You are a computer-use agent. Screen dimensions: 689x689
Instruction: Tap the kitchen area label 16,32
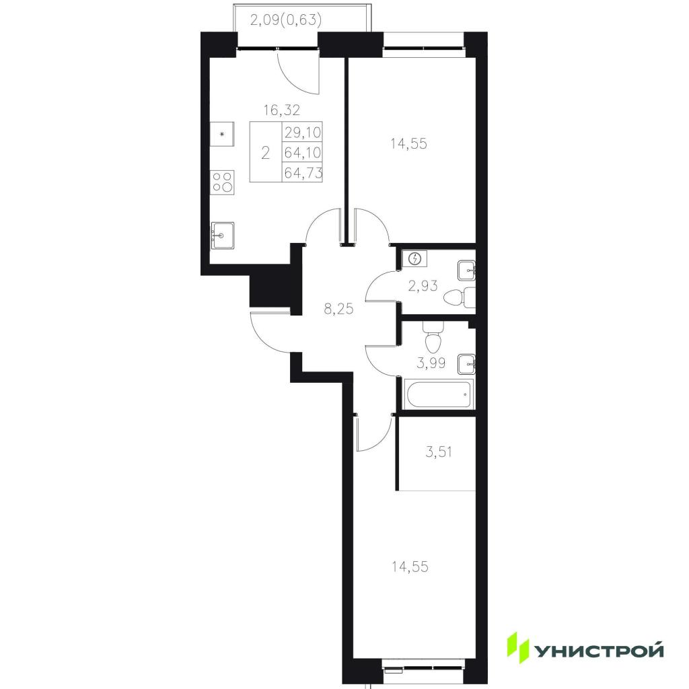pos(282,110)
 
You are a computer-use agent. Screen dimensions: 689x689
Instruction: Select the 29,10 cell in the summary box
pos(302,132)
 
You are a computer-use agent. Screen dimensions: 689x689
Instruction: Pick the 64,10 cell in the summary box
pos(302,152)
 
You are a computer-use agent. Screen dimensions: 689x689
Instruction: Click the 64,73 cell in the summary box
pos(302,172)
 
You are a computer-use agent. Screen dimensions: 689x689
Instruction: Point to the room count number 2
pos(265,153)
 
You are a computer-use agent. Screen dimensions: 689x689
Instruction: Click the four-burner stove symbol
pos(223,182)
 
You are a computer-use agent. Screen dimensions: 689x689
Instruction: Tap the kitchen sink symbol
pos(222,235)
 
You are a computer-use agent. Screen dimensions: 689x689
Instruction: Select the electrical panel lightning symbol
pos(417,258)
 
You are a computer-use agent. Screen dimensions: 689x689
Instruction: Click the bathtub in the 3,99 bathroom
pos(439,394)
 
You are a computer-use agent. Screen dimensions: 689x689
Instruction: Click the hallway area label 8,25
pos(338,309)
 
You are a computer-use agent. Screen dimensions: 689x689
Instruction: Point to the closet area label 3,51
pos(439,451)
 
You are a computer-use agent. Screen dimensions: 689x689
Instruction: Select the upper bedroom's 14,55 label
pos(408,144)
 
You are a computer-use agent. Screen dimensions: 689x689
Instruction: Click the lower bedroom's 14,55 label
pos(410,567)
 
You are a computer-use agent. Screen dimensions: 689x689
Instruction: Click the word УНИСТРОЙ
pos(598,650)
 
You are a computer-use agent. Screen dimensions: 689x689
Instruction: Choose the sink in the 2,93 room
pos(466,270)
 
